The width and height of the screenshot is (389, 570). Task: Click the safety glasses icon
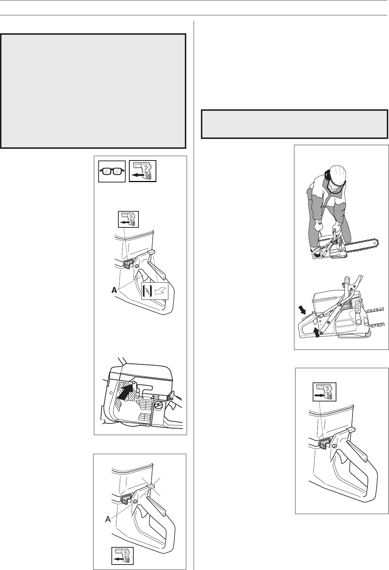click(112, 171)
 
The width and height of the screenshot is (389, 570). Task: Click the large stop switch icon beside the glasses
click(142, 171)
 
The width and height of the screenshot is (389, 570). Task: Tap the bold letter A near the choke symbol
click(115, 290)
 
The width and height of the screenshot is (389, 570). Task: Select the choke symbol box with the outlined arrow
click(155, 291)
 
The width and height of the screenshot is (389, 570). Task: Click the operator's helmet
click(337, 175)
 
